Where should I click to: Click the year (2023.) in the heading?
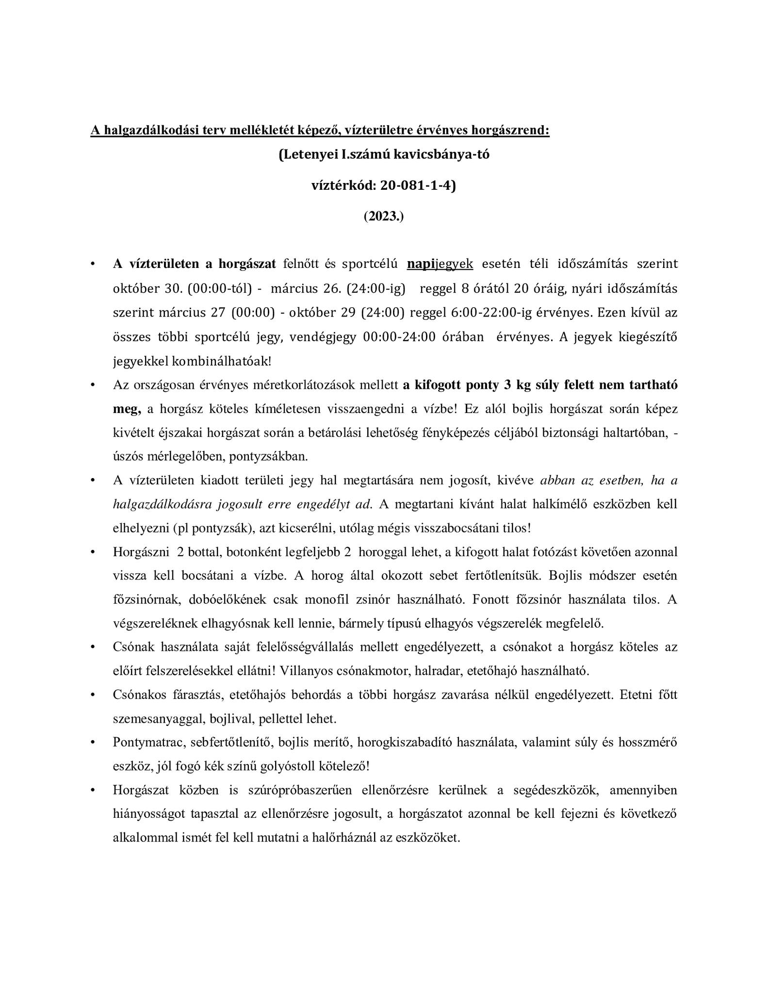pyautogui.click(x=383, y=216)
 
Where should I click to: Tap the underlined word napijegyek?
pyautogui.click(x=440, y=264)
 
